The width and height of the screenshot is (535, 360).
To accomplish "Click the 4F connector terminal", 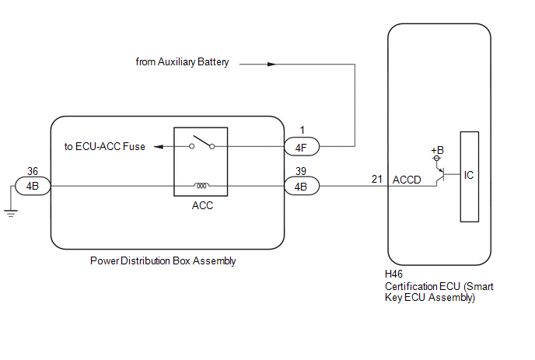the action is pyautogui.click(x=302, y=147).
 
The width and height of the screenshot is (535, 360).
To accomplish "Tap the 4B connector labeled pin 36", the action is pyautogui.click(x=33, y=186).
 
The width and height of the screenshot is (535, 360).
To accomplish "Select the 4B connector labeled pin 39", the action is pyautogui.click(x=302, y=186).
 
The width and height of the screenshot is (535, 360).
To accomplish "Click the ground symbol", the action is pyautogui.click(x=11, y=213).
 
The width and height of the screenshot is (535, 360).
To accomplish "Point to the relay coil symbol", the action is pyautogui.click(x=201, y=185).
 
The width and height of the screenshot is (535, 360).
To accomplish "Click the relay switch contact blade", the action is pyautogui.click(x=204, y=142).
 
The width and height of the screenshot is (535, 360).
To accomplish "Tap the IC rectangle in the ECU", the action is pyautogui.click(x=470, y=177).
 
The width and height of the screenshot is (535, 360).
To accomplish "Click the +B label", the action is pyautogui.click(x=437, y=150).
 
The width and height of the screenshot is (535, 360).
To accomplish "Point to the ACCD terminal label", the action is pyautogui.click(x=407, y=180).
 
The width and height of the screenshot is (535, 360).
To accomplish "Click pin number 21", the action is pyautogui.click(x=376, y=179).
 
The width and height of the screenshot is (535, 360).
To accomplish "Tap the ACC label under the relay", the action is pyautogui.click(x=202, y=205).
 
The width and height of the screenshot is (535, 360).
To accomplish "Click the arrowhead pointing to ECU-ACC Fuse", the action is pyautogui.click(x=159, y=147).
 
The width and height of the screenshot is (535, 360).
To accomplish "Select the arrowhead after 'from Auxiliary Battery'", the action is pyautogui.click(x=271, y=65).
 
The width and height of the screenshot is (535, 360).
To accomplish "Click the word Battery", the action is pyautogui.click(x=213, y=62).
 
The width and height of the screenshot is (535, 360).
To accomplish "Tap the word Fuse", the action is pyautogui.click(x=134, y=146).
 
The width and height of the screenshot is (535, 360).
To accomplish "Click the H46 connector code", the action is pyautogui.click(x=393, y=274).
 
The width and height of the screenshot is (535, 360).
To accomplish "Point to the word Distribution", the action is pyautogui.click(x=145, y=260).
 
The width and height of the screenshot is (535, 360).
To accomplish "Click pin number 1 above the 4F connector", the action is pyautogui.click(x=302, y=130).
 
